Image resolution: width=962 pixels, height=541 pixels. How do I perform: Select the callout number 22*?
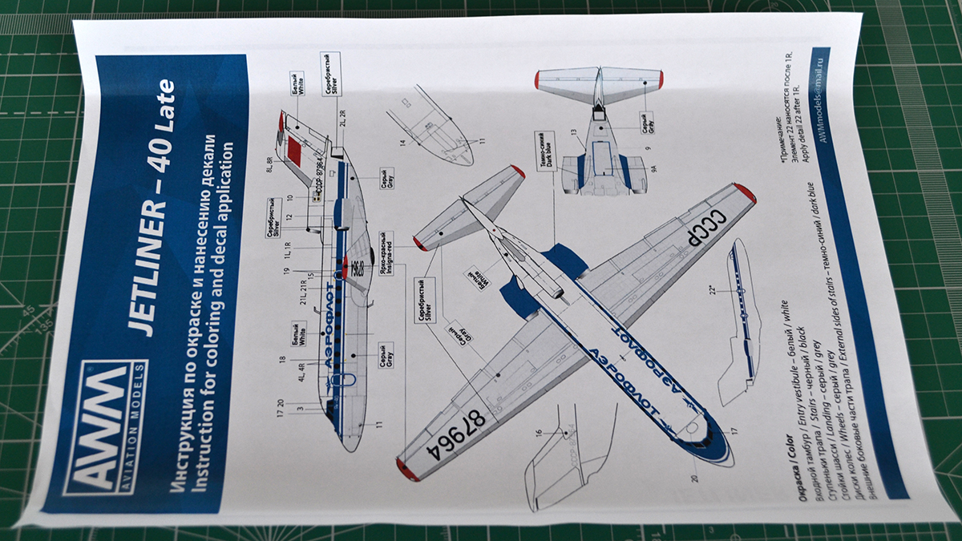(711, 290)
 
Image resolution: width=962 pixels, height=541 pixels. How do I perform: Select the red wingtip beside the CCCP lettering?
(743, 193)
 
